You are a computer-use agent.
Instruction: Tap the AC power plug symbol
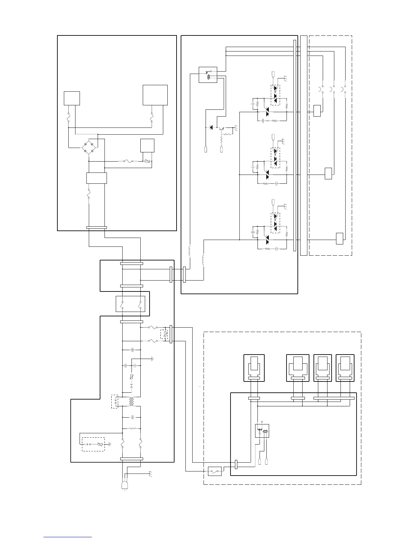(x=125, y=485)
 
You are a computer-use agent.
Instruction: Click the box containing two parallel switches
(x=130, y=304)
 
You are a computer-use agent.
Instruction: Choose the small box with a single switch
(x=215, y=471)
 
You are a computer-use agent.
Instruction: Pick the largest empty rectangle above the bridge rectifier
(x=155, y=95)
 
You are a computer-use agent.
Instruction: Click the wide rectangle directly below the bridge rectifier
(x=97, y=178)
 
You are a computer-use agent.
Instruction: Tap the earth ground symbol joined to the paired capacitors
(x=152, y=359)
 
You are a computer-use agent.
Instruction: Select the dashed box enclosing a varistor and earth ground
(x=93, y=444)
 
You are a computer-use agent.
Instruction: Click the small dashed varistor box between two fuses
(x=164, y=334)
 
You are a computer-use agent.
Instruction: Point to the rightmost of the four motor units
(x=345, y=368)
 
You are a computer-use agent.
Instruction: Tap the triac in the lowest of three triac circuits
(x=267, y=238)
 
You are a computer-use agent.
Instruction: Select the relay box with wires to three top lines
(x=208, y=75)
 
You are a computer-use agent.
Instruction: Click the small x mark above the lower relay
(x=262, y=422)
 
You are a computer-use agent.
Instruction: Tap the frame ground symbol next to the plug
(x=150, y=474)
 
